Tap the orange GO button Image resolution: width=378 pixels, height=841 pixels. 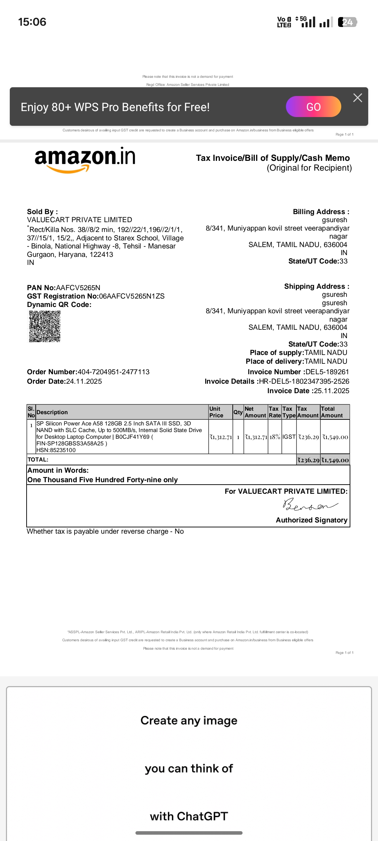click(313, 107)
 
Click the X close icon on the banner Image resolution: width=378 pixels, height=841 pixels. click(357, 98)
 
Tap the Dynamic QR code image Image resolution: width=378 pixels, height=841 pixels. click(45, 327)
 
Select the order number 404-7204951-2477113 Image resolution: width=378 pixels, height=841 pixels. click(113, 372)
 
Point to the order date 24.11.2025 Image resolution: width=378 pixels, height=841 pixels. click(84, 381)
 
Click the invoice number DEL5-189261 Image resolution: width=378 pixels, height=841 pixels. click(327, 372)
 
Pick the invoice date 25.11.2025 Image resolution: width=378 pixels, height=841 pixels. click(331, 391)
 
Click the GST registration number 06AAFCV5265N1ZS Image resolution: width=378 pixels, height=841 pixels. click(132, 296)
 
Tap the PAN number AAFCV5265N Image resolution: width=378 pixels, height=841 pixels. click(78, 288)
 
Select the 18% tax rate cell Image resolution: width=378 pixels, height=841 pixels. click(275, 437)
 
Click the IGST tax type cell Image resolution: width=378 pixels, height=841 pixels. click(289, 437)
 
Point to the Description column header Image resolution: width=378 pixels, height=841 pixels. click(52, 412)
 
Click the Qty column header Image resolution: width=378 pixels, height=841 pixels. click(238, 412)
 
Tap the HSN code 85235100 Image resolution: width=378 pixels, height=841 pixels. click(62, 450)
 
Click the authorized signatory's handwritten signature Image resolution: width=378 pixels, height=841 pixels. click(310, 505)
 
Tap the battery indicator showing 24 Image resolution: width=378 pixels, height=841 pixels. click(347, 22)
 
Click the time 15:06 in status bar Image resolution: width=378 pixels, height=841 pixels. click(32, 22)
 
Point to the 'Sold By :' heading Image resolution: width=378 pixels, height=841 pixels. click(42, 212)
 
